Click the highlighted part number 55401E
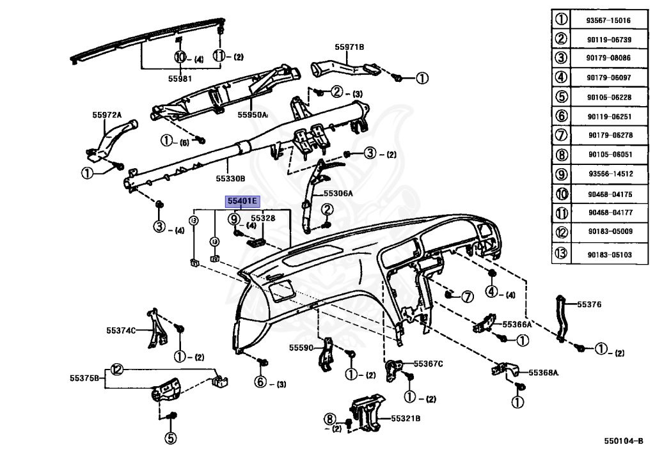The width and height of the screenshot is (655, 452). point(242,201)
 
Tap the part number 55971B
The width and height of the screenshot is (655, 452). point(349,47)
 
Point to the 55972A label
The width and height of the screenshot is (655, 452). point(107,115)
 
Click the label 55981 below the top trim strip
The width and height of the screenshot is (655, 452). point(180,79)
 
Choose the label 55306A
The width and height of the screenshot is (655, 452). point(338,192)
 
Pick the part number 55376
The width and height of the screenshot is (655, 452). point(589,304)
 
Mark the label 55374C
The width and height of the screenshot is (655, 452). point(122,331)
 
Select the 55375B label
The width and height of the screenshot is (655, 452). point(85,378)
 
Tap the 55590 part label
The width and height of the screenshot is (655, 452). point(301,348)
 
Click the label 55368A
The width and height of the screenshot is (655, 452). point(543,373)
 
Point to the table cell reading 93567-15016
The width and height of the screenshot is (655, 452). point(608,20)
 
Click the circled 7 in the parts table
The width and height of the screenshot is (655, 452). point(562,135)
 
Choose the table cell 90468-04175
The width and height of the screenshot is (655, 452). point(608,194)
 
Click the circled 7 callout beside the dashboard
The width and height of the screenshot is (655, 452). point(467,297)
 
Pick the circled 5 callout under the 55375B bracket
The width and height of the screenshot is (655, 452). point(170,438)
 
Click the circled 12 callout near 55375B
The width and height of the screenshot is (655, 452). point(116,368)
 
